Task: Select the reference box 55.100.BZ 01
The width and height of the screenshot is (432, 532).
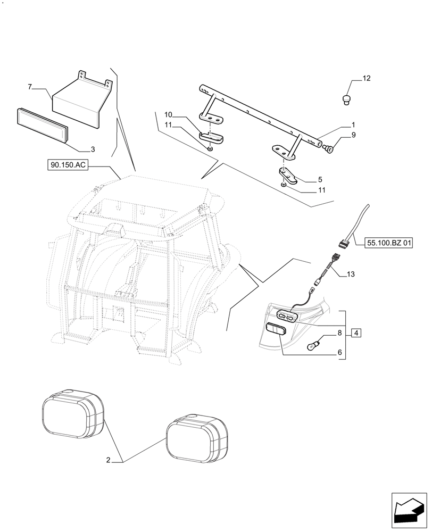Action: click(x=389, y=243)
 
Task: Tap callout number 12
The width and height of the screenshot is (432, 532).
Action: click(x=366, y=79)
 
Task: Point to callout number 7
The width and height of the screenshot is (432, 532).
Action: click(x=30, y=86)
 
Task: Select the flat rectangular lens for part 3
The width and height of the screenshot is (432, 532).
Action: click(x=41, y=126)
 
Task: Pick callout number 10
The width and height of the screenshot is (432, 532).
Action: click(x=168, y=114)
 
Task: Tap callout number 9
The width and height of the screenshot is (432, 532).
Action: click(x=353, y=136)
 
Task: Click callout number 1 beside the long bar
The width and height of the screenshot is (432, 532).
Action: click(x=353, y=125)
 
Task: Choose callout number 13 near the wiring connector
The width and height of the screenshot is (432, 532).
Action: click(x=350, y=275)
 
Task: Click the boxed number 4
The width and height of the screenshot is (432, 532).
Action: click(x=356, y=333)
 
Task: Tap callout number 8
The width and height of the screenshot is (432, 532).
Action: click(x=339, y=334)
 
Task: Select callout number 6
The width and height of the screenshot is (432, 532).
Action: click(x=339, y=352)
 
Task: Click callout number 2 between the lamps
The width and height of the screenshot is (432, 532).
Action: click(x=108, y=460)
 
